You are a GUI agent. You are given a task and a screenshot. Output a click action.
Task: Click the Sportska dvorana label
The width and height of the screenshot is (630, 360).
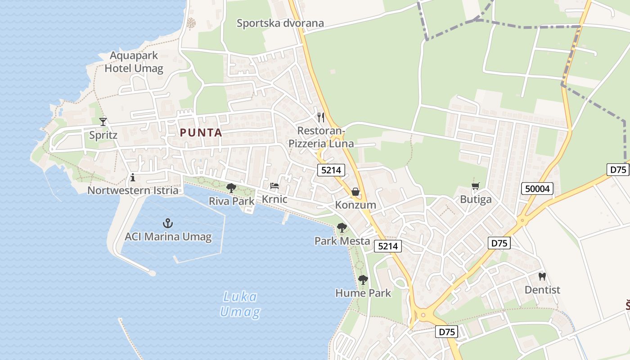coord(280,23)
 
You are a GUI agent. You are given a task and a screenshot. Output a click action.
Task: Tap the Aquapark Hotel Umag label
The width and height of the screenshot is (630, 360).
coord(134,62)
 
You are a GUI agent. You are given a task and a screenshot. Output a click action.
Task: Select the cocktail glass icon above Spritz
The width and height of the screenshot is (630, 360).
coord(103,121)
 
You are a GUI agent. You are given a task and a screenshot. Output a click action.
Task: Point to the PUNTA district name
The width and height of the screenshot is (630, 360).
coord(201,133)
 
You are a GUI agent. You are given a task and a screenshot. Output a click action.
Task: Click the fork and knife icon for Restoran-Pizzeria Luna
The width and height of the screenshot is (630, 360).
coord(321,117)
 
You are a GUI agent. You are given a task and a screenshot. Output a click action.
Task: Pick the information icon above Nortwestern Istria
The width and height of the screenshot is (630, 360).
coord(132,177)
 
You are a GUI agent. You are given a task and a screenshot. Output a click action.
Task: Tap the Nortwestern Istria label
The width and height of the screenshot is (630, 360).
coord(133,190)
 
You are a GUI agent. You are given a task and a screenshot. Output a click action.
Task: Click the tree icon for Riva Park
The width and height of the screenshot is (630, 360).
coord(231,188)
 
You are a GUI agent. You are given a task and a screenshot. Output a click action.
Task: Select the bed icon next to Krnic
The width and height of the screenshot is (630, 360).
coord(274,186)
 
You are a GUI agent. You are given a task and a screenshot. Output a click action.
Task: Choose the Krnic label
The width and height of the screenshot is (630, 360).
coord(274,199)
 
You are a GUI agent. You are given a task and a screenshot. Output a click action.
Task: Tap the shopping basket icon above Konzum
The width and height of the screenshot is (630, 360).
coord(355,192)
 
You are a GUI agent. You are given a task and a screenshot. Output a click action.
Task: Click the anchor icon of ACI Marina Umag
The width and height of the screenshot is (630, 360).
coord(168,223)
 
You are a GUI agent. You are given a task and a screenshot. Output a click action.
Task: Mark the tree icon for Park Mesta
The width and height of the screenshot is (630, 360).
coord(342,228)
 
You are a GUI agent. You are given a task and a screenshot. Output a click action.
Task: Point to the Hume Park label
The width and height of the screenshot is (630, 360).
coord(363,293)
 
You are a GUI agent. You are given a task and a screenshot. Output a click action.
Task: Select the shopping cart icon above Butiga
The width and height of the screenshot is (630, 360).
coord(476,186)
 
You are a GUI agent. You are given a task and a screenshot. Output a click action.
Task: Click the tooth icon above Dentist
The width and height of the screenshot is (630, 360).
coord(542,276)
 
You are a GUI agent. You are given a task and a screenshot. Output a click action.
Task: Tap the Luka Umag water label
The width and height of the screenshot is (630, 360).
coord(240,304)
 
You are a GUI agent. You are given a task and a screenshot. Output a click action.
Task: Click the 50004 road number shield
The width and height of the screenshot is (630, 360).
coord(537,189)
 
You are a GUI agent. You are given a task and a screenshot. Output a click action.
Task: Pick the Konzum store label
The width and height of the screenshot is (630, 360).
coord(355,205)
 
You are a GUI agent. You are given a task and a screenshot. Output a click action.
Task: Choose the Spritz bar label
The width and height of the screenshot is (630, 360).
coord(103,135)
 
